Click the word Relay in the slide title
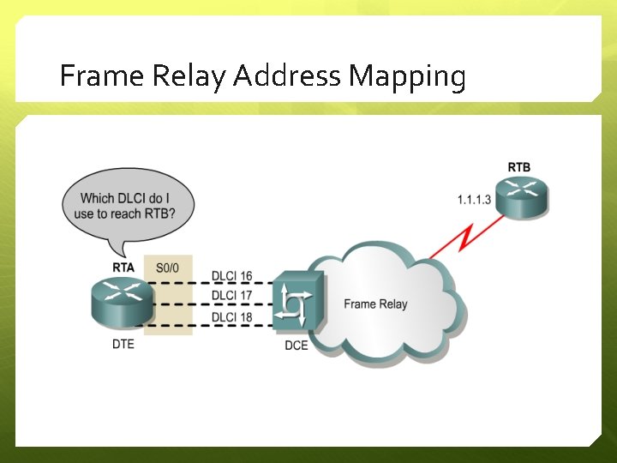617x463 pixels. click(189, 77)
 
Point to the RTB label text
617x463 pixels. click(518, 166)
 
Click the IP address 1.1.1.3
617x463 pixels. click(474, 200)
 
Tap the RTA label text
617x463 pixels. click(123, 268)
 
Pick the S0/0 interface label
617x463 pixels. click(168, 268)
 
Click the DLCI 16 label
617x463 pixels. click(232, 276)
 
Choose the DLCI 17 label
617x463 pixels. click(232, 296)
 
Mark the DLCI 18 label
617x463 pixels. click(232, 316)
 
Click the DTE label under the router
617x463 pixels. click(123, 345)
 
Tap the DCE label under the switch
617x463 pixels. click(297, 346)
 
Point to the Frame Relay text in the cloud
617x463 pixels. click(375, 304)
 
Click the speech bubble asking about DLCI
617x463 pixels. click(129, 206)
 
